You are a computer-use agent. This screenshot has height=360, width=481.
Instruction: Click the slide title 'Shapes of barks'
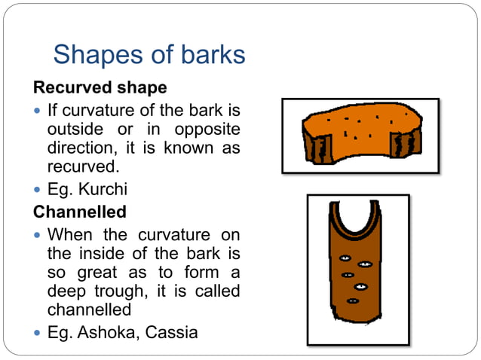point(149,54)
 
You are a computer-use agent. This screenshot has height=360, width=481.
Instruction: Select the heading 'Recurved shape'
point(100,87)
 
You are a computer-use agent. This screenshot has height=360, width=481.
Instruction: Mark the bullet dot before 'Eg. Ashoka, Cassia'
point(38,331)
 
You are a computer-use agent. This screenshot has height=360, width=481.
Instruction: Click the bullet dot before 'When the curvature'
point(38,236)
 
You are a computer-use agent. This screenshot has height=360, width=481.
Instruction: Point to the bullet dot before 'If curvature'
point(38,110)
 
